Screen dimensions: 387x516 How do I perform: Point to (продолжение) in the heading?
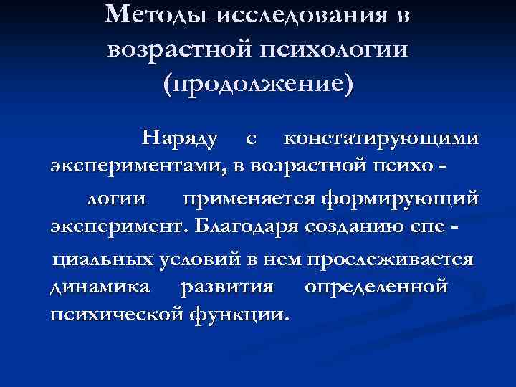point(258,84)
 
